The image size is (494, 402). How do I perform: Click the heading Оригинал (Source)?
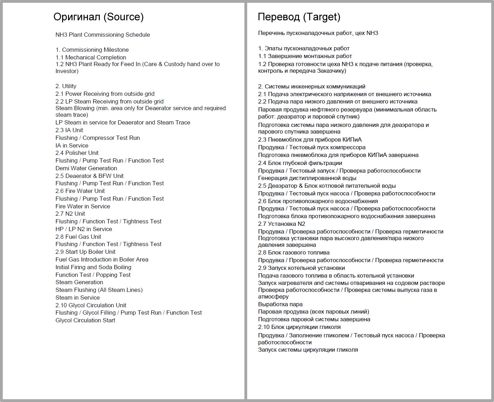coord(98,17)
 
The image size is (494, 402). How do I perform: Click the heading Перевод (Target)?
coord(299,17)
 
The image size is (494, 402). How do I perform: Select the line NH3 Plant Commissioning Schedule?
coord(103,35)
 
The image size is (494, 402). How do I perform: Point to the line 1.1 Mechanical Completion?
coord(91,57)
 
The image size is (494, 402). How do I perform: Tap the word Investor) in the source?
coord(67,71)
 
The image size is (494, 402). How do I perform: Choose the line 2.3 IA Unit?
coord(69,130)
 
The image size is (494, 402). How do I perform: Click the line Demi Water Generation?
coord(86,168)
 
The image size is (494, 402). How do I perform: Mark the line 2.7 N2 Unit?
coord(70,214)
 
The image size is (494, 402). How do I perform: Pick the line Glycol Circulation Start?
coord(85,320)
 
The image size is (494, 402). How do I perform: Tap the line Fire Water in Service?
coord(83,206)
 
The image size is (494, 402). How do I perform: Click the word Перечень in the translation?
coord(271,33)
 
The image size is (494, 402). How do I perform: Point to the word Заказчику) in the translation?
coord(331,71)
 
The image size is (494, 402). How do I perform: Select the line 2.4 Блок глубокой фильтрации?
coord(300,163)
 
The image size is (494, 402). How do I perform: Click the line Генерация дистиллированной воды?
coord(307,178)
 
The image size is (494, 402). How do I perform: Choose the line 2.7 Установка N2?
coord(282,224)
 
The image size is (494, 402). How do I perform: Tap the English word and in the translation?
coord(319,283)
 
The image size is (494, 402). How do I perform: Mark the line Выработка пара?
coord(280,304)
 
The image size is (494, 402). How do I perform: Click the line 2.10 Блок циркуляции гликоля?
coord(299,327)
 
